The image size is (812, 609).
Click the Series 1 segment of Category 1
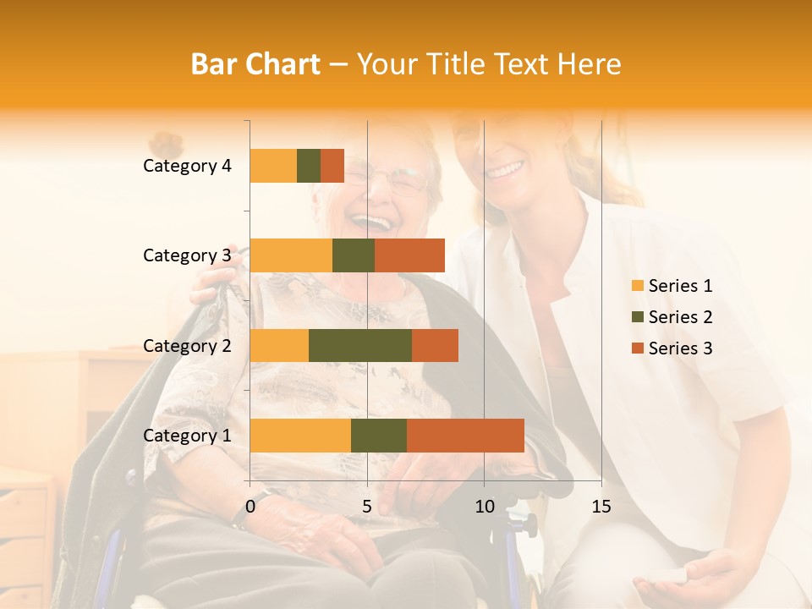300,436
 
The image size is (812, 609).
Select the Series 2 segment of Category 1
379,436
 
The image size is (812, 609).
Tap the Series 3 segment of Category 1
465,436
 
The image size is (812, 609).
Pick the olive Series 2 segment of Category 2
360,345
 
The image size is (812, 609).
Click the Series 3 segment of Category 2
435,345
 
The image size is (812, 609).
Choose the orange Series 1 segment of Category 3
291,255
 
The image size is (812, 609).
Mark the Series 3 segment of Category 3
409,255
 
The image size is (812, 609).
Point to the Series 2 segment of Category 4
309,166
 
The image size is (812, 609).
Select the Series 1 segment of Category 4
273,166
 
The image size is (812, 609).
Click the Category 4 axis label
187,166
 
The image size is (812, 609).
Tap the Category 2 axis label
187,345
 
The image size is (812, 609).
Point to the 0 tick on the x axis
250,507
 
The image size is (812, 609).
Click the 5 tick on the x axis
367,507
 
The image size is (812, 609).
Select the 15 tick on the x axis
601,507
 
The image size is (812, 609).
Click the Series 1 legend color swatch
638,286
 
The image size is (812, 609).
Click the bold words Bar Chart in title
255,64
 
